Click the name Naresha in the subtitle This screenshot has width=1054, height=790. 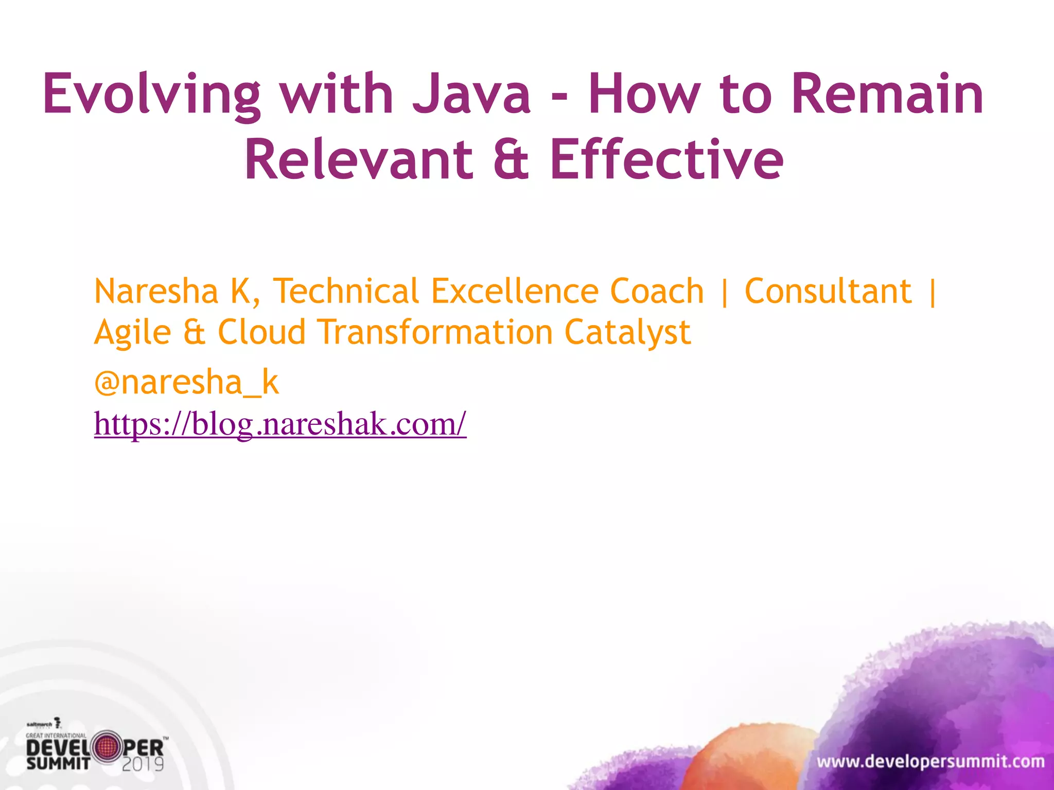156,292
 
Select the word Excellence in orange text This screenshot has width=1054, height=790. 515,292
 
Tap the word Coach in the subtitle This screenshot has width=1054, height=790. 657,292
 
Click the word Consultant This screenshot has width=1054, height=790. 828,292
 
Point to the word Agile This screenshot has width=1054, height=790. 133,333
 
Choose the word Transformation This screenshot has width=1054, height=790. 435,333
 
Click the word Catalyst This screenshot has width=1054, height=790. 627,333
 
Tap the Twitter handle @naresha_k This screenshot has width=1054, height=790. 186,383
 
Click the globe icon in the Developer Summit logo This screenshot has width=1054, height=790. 106,747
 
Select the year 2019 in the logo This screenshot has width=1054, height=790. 143,764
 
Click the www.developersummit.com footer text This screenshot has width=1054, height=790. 930,762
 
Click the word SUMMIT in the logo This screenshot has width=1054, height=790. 58,763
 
